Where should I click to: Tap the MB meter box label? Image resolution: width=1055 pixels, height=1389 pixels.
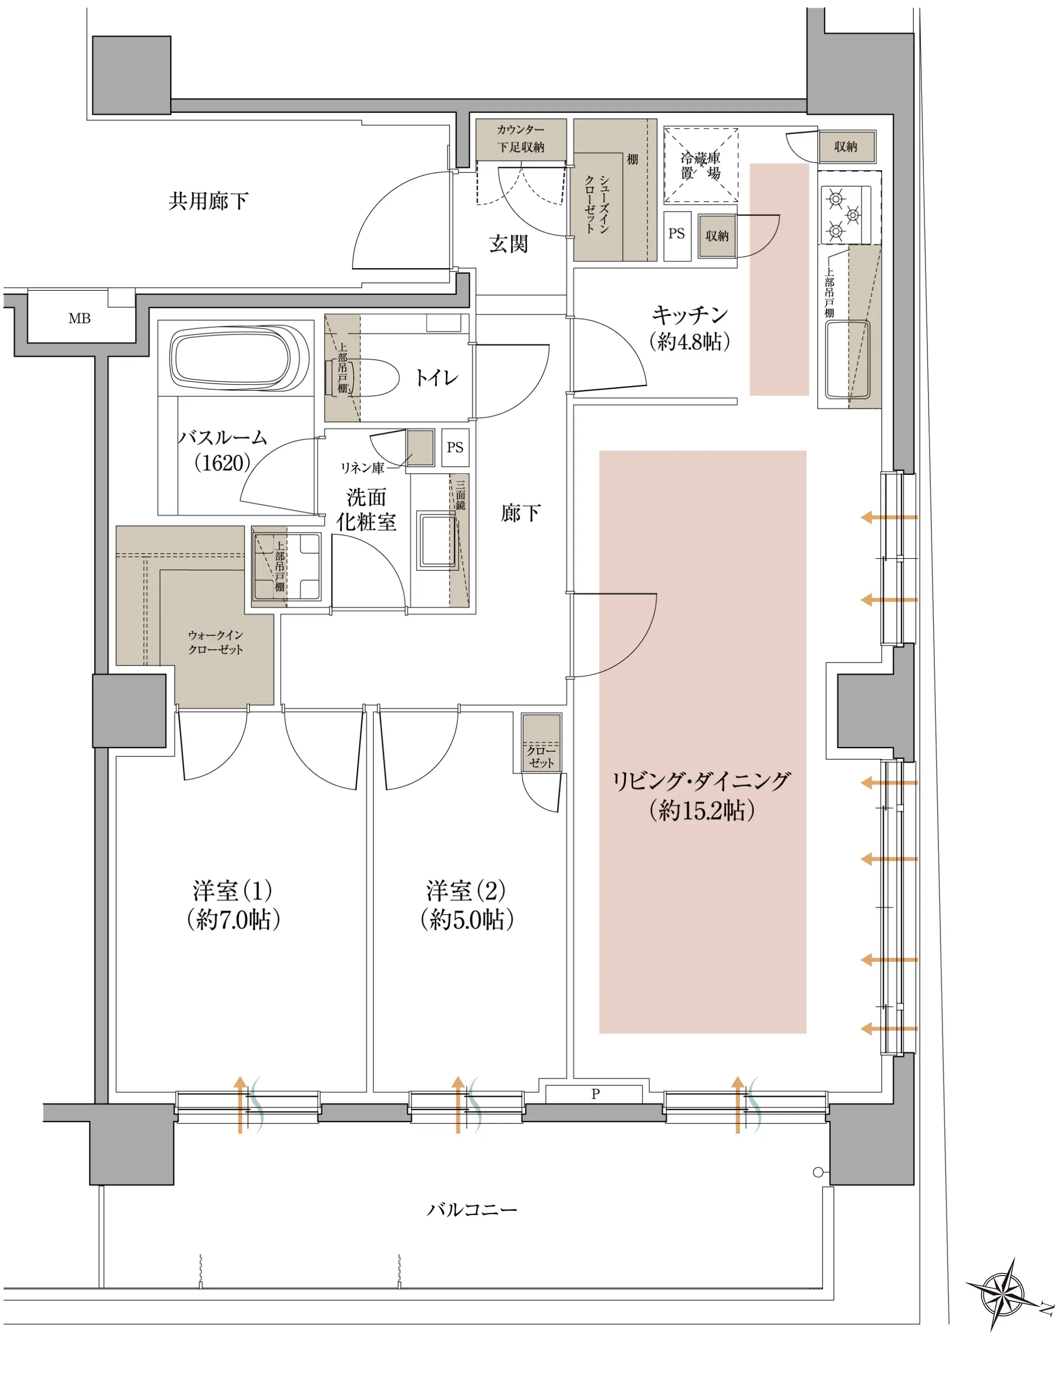pos(80,318)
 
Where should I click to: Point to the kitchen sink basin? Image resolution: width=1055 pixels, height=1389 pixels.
pos(847,359)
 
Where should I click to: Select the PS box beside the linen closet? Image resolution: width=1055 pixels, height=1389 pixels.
pos(455,447)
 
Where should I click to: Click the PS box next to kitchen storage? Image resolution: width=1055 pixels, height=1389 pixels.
pos(677,234)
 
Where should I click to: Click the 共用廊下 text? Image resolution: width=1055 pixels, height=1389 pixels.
pos(208,201)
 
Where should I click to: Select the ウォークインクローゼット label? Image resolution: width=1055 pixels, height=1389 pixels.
pos(216,642)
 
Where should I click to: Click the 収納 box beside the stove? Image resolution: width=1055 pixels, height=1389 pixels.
pos(846,146)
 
